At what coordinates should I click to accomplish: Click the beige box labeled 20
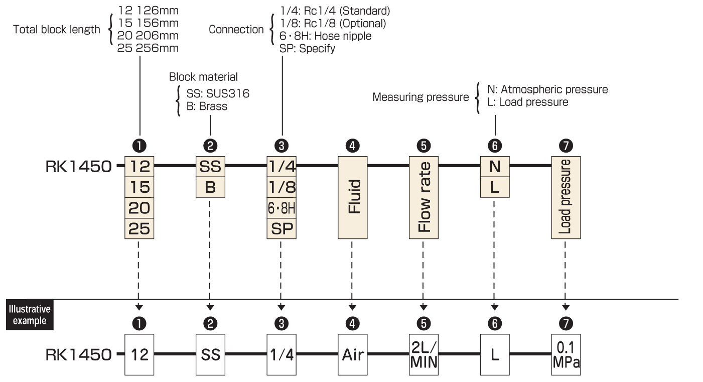[139, 208]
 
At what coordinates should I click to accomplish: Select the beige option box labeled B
[210, 187]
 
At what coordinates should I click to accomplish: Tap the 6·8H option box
[282, 208]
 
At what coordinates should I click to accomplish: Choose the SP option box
[282, 228]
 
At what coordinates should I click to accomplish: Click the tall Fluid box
[352, 197]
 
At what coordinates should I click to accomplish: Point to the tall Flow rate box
[424, 197]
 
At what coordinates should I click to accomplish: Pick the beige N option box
[495, 166]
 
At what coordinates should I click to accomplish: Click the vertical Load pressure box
[566, 197]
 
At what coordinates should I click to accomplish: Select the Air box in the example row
[352, 355]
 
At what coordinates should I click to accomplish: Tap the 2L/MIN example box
[424, 355]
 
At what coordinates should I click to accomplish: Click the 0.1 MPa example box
[566, 355]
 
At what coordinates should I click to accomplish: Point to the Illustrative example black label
[30, 315]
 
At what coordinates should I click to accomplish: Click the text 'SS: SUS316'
[218, 93]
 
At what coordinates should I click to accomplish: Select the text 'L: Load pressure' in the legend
[527, 102]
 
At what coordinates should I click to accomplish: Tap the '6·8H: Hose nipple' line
[325, 36]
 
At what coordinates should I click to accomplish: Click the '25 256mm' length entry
[148, 48]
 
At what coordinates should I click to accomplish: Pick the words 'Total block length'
[57, 30]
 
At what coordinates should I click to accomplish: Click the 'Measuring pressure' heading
[420, 97]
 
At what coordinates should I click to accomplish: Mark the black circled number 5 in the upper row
[424, 146]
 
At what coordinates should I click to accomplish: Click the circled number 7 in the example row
[566, 323]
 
